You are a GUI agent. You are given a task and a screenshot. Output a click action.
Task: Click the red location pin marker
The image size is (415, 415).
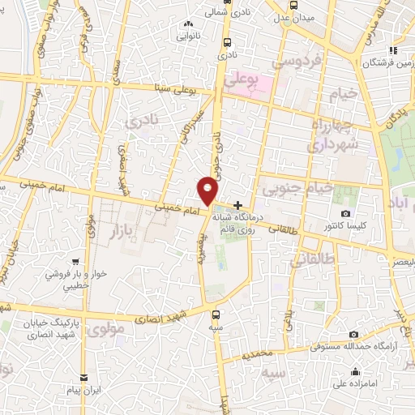pos(208,190)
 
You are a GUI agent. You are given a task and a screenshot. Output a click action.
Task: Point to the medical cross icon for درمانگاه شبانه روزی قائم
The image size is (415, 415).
pos(237,206)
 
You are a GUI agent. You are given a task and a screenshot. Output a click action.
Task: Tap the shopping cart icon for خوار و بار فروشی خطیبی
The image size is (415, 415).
pos(75,262)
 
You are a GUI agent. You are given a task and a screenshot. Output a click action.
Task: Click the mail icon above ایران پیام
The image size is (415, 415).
pos(83,379)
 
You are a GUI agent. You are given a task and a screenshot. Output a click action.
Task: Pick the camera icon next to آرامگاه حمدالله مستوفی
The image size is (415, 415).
pos(353,335)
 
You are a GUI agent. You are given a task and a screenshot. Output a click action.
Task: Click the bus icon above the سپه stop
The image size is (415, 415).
pos(216,312)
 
